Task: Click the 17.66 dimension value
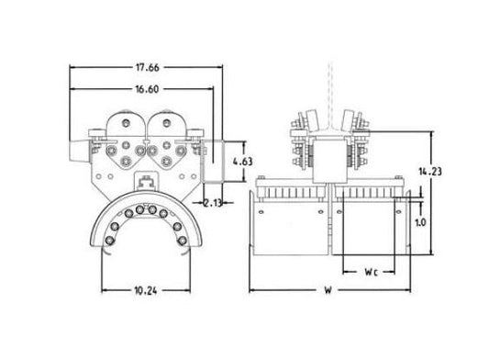pyautogui.click(x=147, y=67)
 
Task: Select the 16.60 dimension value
pyautogui.click(x=147, y=89)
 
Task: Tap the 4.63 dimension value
pyautogui.click(x=242, y=162)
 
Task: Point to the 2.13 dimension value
pyautogui.click(x=212, y=203)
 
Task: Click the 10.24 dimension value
pyautogui.click(x=146, y=291)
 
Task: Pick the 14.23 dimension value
pyautogui.click(x=430, y=172)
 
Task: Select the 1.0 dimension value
pyautogui.click(x=420, y=222)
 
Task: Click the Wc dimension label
pyautogui.click(x=372, y=272)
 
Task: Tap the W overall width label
pyautogui.click(x=328, y=290)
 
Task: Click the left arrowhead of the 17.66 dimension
pyautogui.click(x=72, y=67)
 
